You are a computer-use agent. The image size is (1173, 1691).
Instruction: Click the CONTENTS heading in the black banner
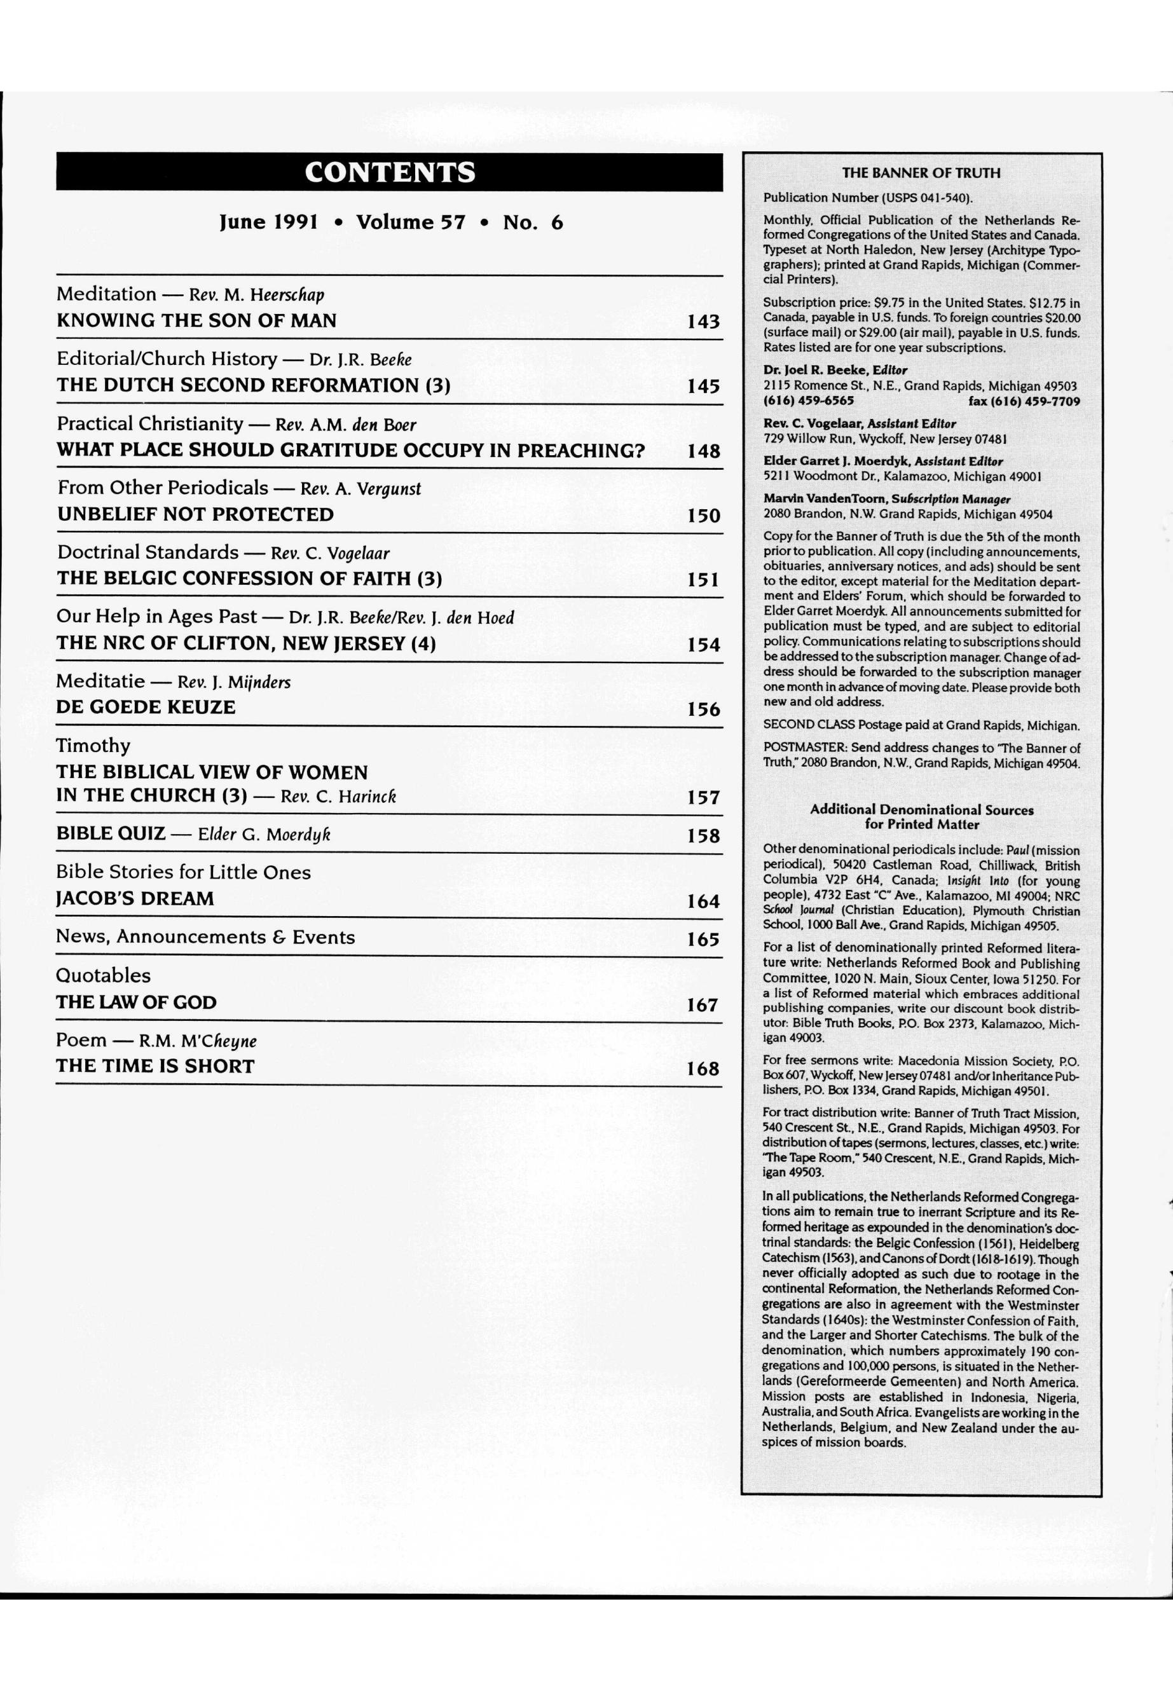390,172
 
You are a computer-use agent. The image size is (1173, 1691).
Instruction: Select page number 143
703,322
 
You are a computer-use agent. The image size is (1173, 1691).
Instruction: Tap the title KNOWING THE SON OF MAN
196,321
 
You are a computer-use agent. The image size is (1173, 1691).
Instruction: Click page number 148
703,451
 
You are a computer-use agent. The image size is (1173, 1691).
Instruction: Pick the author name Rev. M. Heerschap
256,295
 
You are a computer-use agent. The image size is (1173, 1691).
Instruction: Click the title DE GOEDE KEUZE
146,708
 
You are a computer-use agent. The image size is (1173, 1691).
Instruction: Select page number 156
703,710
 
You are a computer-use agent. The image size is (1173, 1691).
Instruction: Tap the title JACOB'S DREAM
135,899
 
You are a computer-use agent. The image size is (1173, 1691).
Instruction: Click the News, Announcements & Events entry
205,937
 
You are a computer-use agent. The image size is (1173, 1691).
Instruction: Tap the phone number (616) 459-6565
809,401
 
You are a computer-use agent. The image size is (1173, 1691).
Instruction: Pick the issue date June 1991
268,222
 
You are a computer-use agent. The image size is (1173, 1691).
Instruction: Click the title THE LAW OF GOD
136,1003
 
